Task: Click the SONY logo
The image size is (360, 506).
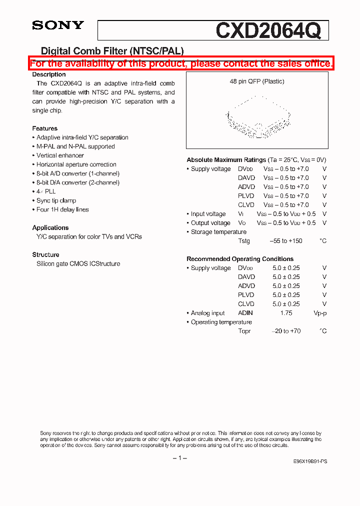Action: [x=58, y=25]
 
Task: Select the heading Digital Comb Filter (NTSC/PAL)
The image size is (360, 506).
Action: [x=112, y=50]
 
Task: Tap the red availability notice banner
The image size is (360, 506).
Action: [x=180, y=63]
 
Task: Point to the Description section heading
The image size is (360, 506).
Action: [x=49, y=74]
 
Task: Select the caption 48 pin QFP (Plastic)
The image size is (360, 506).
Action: [x=257, y=81]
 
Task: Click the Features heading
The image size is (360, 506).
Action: [x=45, y=128]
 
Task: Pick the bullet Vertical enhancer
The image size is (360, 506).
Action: [x=60, y=155]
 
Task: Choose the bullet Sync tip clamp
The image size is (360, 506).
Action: [x=56, y=200]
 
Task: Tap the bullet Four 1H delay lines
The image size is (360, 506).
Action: [x=62, y=209]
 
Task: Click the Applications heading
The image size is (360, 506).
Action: [x=50, y=227]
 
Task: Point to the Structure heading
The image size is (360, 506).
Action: [x=46, y=254]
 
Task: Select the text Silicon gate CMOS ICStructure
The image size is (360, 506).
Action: [x=78, y=263]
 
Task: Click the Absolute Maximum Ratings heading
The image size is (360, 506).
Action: [x=226, y=159]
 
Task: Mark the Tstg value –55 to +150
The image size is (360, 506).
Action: [x=286, y=241]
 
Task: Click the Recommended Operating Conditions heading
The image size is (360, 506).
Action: [x=240, y=259]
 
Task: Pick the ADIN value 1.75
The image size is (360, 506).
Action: [x=286, y=313]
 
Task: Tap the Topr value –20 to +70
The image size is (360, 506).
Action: [x=286, y=331]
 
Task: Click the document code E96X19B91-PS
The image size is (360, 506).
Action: [x=310, y=461]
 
